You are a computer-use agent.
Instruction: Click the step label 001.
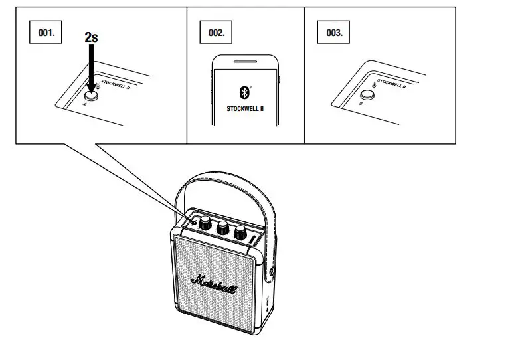point(46,33)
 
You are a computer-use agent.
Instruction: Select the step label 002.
point(217,33)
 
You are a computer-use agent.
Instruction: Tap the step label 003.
point(334,33)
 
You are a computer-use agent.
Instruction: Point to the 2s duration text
point(92,38)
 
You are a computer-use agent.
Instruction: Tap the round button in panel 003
point(367,94)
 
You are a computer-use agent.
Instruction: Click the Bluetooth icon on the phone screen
point(244,92)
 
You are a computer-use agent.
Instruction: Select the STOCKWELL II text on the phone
point(245,108)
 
